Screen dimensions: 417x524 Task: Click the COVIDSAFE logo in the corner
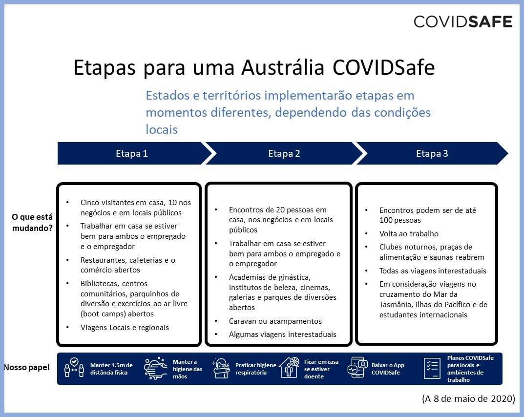coord(462,21)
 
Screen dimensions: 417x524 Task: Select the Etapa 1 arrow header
coord(132,153)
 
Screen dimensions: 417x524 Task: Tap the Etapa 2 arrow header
coord(284,153)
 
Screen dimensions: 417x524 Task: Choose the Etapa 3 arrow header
coord(432,153)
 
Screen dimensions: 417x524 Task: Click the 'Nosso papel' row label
coord(27,367)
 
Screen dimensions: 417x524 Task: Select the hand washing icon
coord(156,369)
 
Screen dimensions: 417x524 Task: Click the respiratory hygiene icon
coord(221,368)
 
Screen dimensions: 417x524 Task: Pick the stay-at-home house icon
coord(289,368)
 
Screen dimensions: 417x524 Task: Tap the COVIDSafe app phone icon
coord(358,368)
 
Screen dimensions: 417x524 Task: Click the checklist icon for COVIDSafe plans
coord(432,369)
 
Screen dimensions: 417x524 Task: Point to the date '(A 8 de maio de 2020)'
coord(468,398)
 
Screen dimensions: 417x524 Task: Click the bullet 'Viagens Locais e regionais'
coord(125,328)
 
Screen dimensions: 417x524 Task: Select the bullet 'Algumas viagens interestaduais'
coord(282,334)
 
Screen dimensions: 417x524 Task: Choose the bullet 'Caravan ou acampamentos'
coord(275,321)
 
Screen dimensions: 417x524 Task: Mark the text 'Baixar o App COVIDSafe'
coord(388,369)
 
